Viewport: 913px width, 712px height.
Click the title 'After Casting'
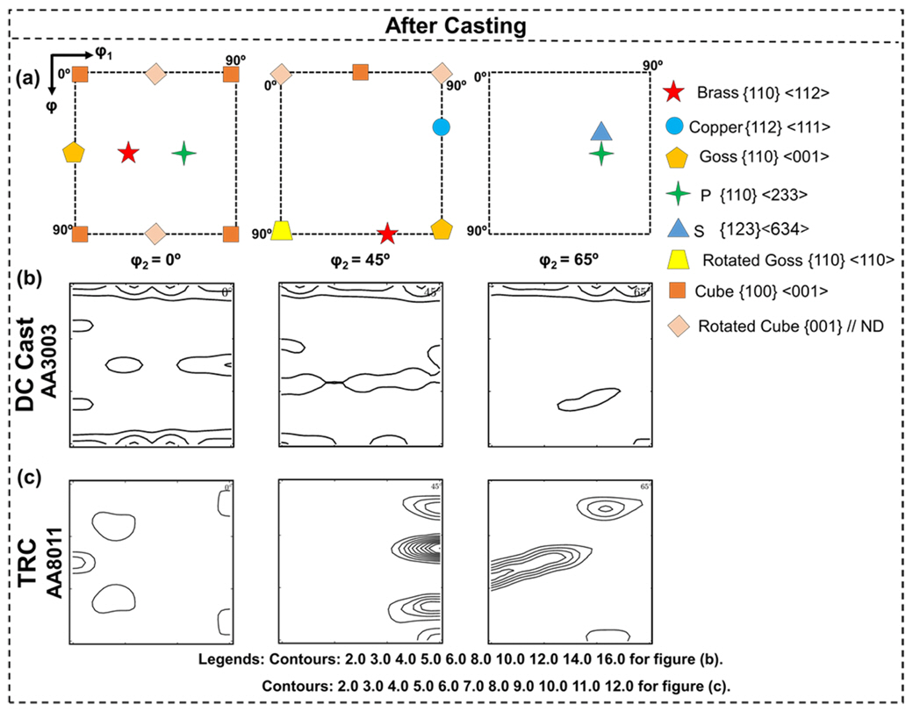[x=456, y=25]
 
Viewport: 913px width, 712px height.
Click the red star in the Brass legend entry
[x=673, y=91]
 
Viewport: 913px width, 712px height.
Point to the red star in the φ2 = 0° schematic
[x=128, y=153]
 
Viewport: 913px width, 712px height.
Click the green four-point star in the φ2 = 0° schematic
[x=183, y=153]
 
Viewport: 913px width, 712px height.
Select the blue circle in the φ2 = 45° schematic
[x=442, y=126]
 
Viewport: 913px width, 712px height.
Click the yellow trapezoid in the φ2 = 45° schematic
[x=282, y=231]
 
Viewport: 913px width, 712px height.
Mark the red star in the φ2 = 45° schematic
[x=387, y=234]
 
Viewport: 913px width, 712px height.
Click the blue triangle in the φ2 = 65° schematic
[x=600, y=132]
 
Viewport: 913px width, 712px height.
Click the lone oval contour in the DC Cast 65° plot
[x=588, y=399]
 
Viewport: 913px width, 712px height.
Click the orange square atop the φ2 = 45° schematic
[x=360, y=72]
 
